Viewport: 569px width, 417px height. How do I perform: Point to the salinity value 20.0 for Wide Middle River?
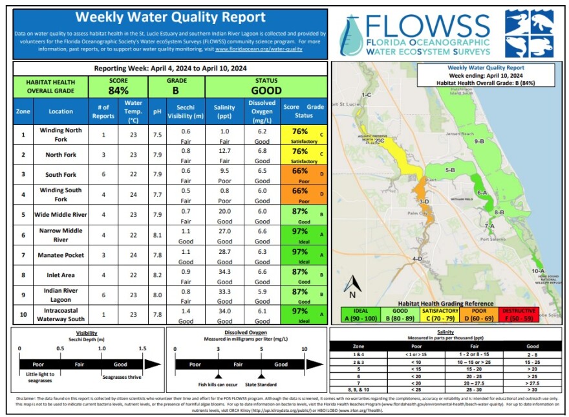pyautogui.click(x=224, y=211)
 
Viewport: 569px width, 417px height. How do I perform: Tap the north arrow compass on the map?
pyautogui.click(x=351, y=285)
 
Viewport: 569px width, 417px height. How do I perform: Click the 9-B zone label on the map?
pyautogui.click(x=479, y=141)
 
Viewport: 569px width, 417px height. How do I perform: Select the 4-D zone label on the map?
pyautogui.click(x=418, y=258)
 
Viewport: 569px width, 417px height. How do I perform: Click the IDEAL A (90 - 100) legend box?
pyautogui.click(x=357, y=314)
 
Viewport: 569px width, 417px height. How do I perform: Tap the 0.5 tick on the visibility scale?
pyautogui.click(x=60, y=348)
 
